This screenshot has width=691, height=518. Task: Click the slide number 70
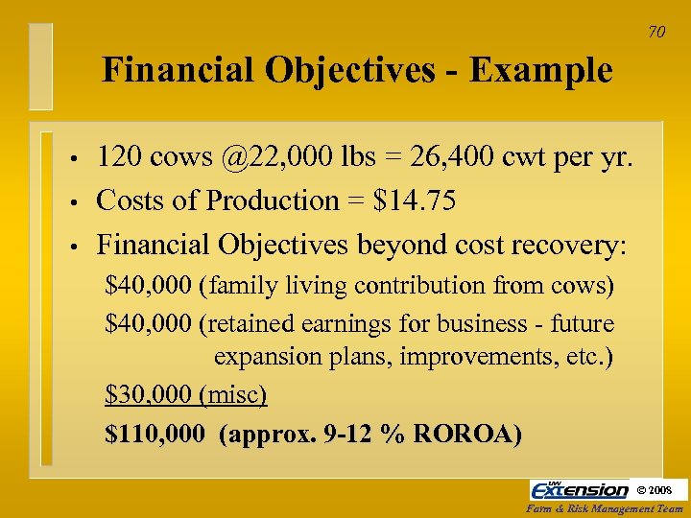[656, 33]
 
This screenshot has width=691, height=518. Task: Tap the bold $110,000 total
[155, 434]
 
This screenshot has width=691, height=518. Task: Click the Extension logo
[580, 490]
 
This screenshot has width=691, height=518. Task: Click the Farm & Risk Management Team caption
[607, 509]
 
